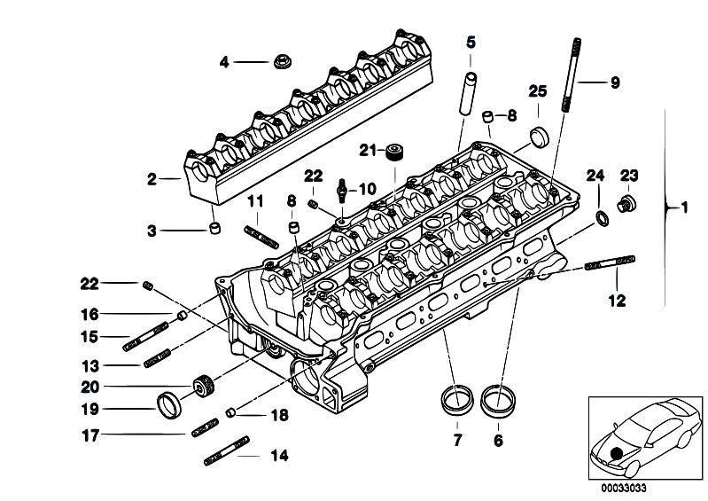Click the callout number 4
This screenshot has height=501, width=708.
click(x=224, y=62)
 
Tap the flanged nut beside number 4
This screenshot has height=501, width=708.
click(x=283, y=61)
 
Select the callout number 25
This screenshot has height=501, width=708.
click(x=538, y=91)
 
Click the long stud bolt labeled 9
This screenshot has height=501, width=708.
click(x=571, y=75)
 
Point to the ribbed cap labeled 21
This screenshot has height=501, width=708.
click(x=394, y=152)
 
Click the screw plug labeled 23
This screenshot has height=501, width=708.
click(x=626, y=204)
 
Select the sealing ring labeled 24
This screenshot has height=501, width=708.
click(x=603, y=218)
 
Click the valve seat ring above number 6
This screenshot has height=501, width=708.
click(x=498, y=400)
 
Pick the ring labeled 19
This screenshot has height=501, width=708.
click(x=169, y=406)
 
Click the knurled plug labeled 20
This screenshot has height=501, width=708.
click(x=204, y=387)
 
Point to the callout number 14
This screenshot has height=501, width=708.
click(x=279, y=456)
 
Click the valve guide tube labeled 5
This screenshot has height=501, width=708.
click(x=468, y=92)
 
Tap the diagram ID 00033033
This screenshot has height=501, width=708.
click(x=623, y=489)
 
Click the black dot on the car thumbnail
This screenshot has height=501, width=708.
click(x=616, y=453)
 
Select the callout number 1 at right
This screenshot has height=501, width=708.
click(x=685, y=207)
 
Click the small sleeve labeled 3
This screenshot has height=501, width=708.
click(x=215, y=228)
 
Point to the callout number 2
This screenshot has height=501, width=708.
click(x=152, y=179)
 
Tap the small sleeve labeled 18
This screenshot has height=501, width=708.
click(x=230, y=412)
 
